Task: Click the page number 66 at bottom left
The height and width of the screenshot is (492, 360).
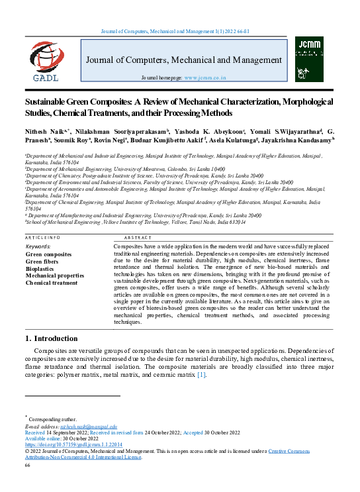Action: (x=28, y=466)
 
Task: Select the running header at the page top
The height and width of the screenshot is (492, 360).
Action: (x=179, y=32)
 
